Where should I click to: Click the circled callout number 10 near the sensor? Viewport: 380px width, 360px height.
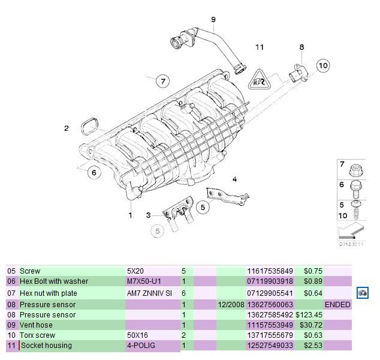(x=322, y=65)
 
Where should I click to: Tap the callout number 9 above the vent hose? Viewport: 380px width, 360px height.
(x=212, y=20)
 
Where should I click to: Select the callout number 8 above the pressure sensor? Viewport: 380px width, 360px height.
(x=301, y=47)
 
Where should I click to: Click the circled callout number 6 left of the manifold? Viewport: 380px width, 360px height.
(x=93, y=173)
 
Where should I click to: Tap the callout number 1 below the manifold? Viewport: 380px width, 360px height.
(x=130, y=215)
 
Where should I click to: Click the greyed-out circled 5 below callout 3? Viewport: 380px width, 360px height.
(x=158, y=230)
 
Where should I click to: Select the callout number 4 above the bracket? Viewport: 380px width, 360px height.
(x=234, y=179)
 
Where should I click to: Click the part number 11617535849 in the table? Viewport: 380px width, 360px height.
(x=270, y=271)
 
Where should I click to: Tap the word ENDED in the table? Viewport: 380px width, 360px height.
(x=337, y=305)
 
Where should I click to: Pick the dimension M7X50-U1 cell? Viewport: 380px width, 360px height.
(x=145, y=281)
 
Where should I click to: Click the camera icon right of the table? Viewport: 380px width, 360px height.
(x=362, y=293)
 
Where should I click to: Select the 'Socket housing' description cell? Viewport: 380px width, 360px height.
(x=46, y=346)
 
